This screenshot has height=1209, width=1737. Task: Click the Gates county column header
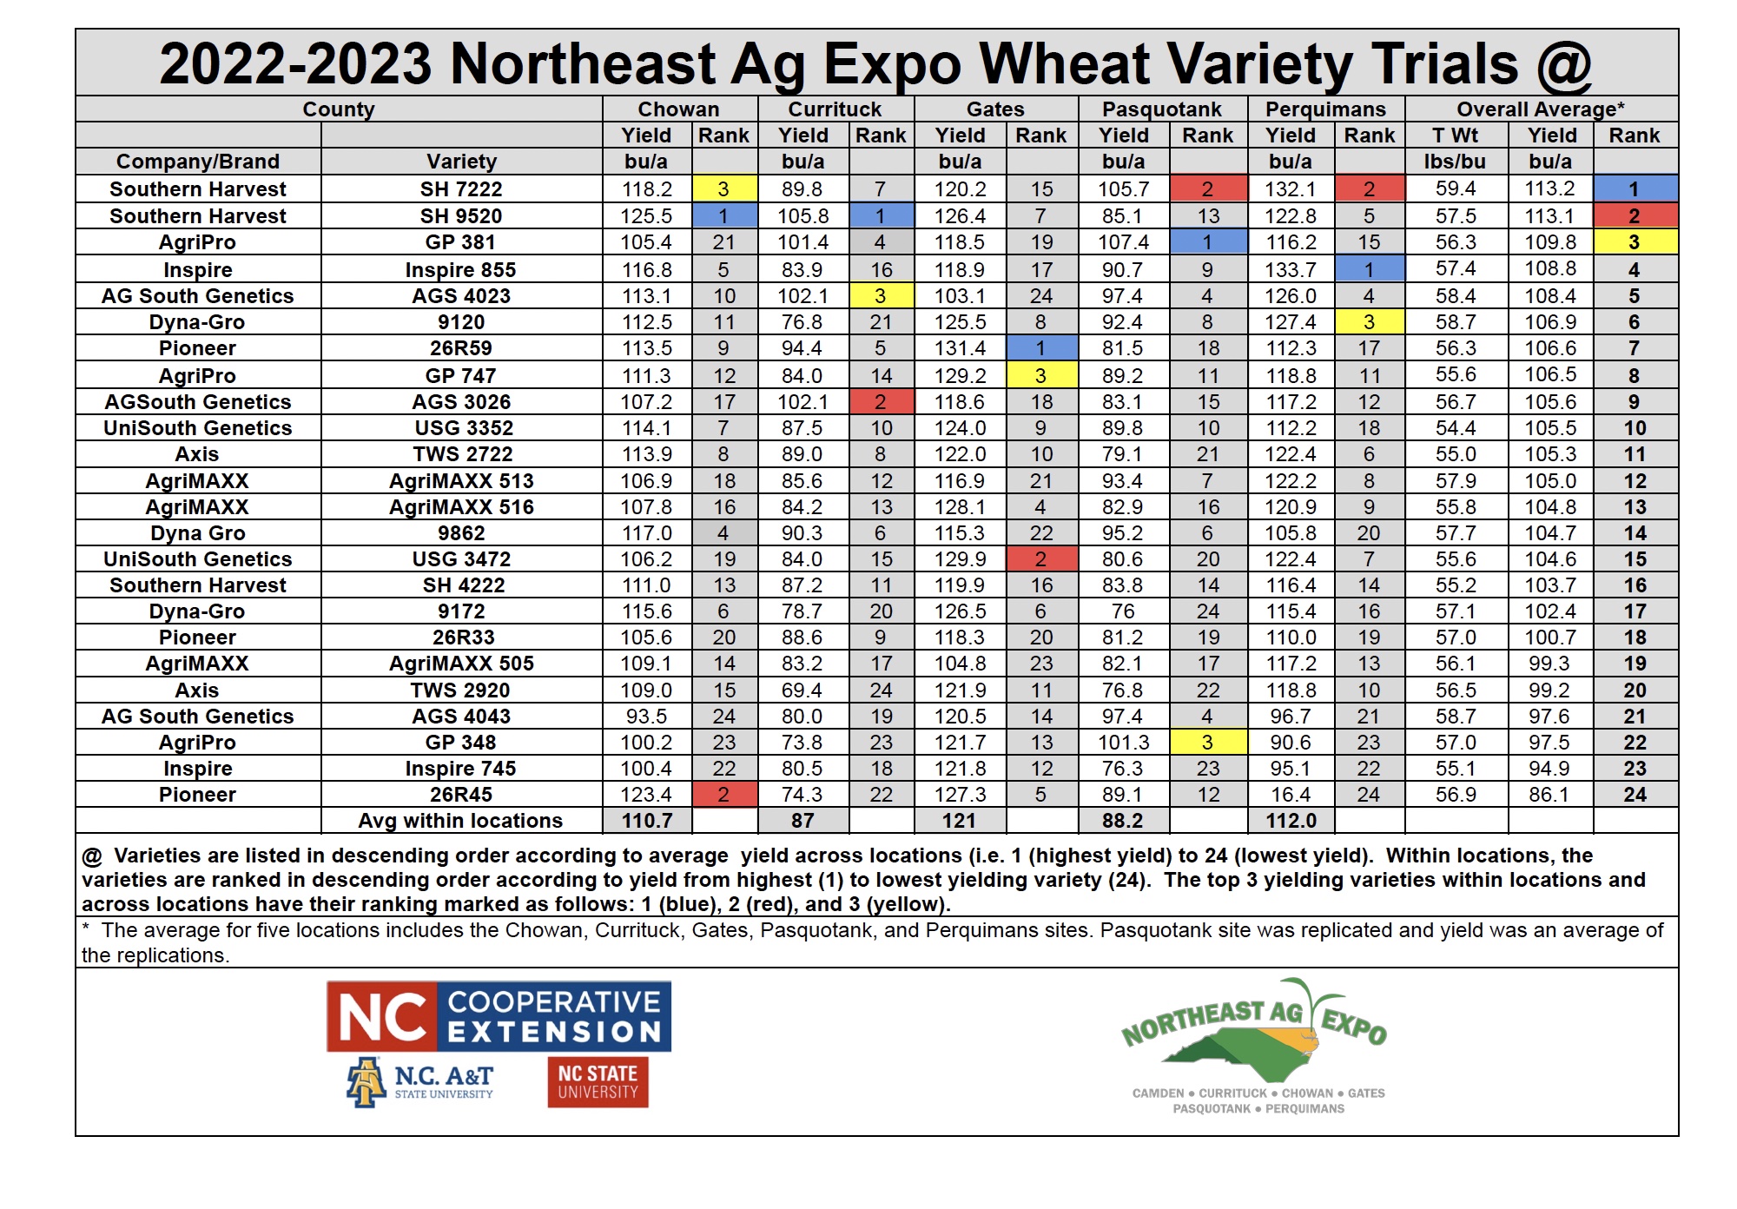pyautogui.click(x=995, y=109)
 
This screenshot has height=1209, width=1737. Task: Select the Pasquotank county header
pyautogui.click(x=1161, y=109)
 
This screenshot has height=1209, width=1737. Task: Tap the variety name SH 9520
pyautogui.click(x=461, y=216)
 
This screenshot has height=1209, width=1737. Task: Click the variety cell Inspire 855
pyautogui.click(x=460, y=270)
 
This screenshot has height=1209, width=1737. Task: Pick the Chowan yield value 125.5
pyautogui.click(x=646, y=216)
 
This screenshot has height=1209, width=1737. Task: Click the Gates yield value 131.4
pyautogui.click(x=960, y=348)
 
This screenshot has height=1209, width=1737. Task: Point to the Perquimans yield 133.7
pyautogui.click(x=1291, y=270)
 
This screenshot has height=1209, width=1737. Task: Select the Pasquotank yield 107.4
pyautogui.click(x=1123, y=242)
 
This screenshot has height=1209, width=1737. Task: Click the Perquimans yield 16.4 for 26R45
pyautogui.click(x=1291, y=795)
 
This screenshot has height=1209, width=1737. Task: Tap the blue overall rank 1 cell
pyautogui.click(x=1635, y=189)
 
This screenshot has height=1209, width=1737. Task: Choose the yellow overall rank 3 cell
pyautogui.click(x=1635, y=242)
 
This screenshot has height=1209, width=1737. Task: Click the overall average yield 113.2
pyautogui.click(x=1550, y=189)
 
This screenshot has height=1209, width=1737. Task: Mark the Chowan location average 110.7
pyautogui.click(x=646, y=821)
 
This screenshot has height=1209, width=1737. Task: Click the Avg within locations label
pyautogui.click(x=460, y=821)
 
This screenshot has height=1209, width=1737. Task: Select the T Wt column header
pyautogui.click(x=1455, y=135)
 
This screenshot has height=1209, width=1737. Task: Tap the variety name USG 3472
pyautogui.click(x=461, y=559)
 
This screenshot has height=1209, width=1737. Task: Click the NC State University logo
pyautogui.click(x=598, y=1082)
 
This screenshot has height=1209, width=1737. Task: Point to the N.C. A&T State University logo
pyautogui.click(x=421, y=1082)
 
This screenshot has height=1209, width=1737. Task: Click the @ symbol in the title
pyautogui.click(x=1563, y=64)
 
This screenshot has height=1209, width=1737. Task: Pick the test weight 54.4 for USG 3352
pyautogui.click(x=1456, y=428)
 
